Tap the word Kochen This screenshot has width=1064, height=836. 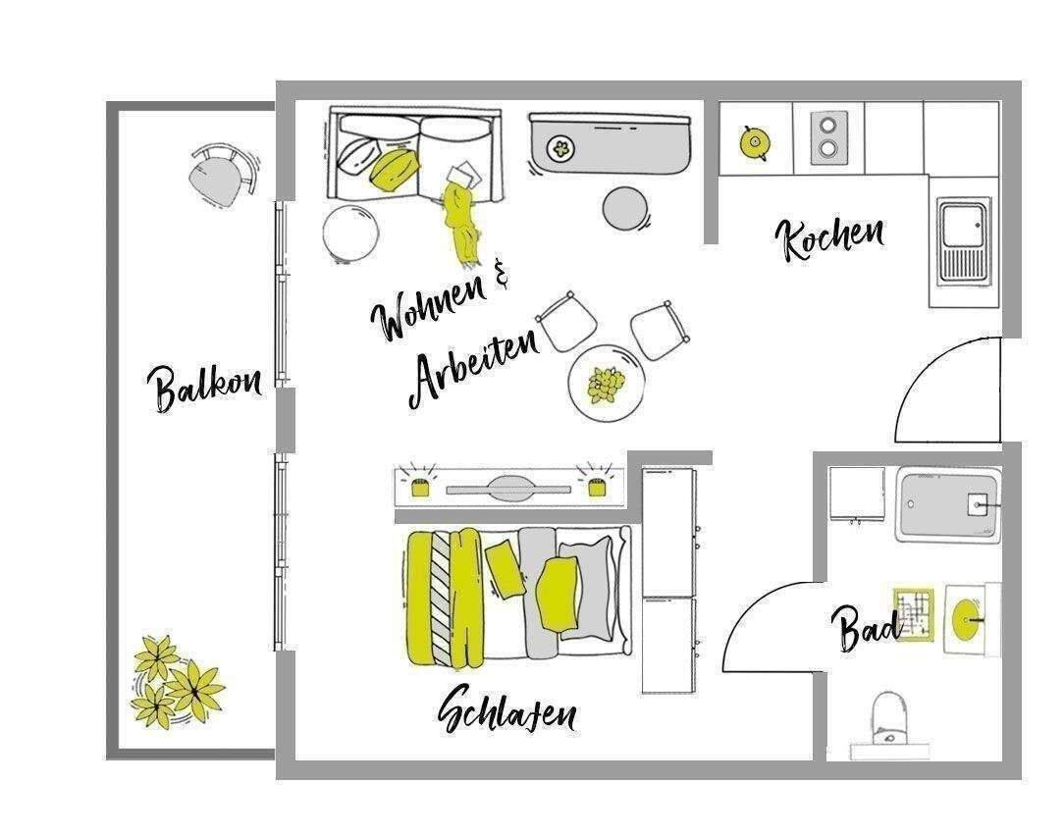829,237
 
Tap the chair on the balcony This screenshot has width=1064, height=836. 223,175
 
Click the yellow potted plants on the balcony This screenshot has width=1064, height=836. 177,683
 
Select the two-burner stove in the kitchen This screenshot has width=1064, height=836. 828,138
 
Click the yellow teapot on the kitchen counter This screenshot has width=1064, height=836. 754,142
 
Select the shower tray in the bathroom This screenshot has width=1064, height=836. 948,505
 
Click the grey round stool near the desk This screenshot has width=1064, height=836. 625,208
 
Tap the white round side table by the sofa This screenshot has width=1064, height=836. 350,233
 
